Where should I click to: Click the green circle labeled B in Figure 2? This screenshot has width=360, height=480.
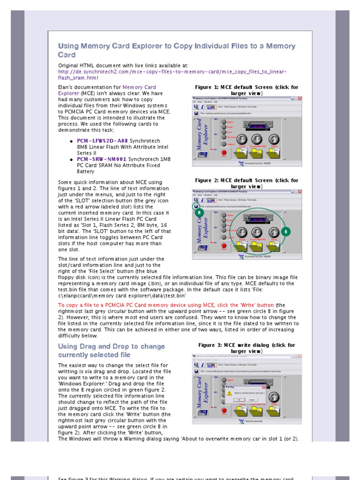click(x=287, y=231)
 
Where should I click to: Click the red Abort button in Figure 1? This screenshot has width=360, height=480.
click(x=224, y=152)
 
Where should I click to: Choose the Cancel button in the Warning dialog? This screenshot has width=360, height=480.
click(x=251, y=400)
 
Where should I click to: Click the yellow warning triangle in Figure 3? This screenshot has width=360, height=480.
click(x=230, y=393)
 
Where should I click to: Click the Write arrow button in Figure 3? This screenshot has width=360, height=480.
click(x=273, y=397)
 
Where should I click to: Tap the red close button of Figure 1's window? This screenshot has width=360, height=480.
click(x=300, y=98)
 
